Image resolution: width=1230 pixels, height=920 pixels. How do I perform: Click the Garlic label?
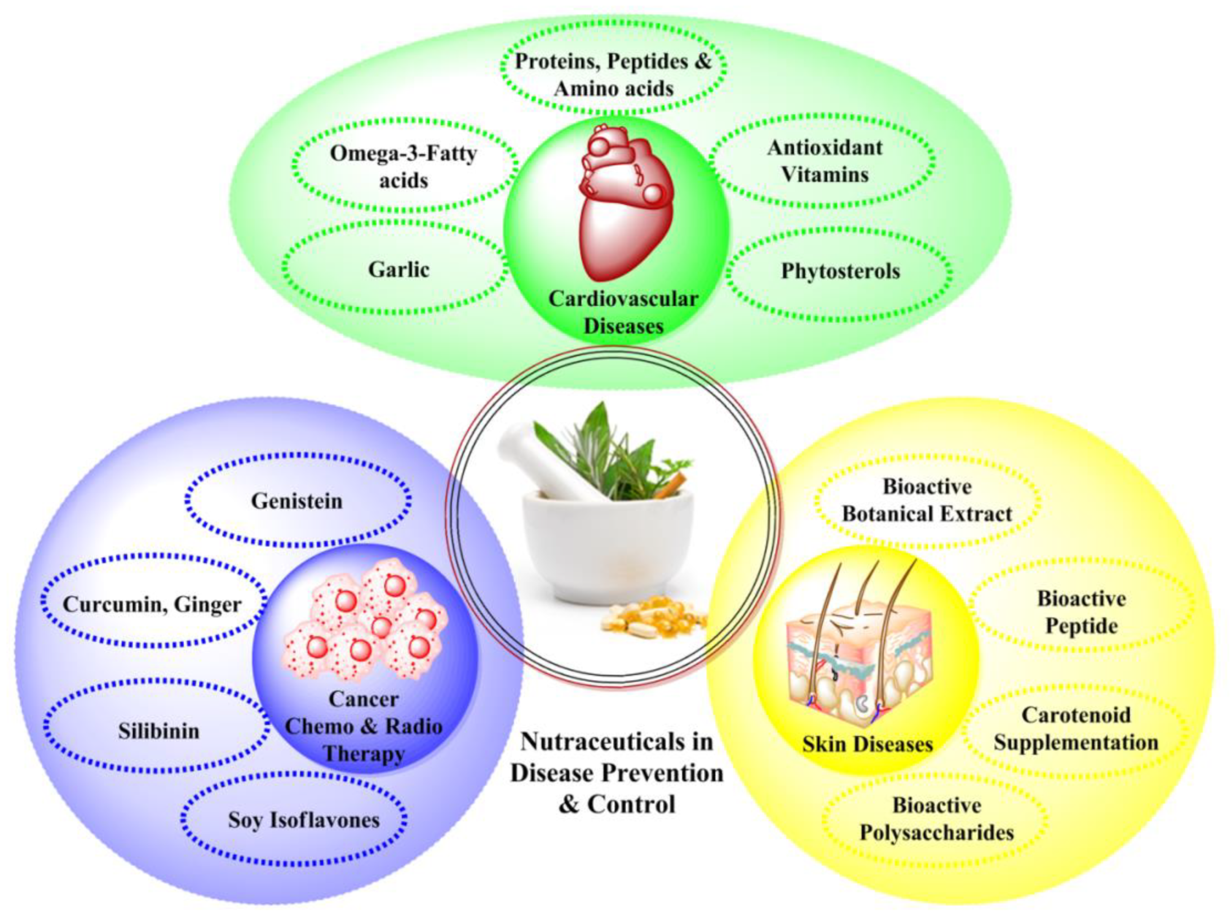click(398, 270)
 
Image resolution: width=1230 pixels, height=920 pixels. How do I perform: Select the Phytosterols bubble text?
click(840, 272)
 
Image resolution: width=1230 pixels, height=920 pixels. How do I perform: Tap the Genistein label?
click(296, 501)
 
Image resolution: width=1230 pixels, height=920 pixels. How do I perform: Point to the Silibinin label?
click(159, 731)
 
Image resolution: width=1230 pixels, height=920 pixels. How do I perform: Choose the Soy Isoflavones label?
click(304, 820)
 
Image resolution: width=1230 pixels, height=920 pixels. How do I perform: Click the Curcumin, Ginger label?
click(152, 605)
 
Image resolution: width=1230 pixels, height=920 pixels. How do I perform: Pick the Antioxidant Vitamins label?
click(824, 162)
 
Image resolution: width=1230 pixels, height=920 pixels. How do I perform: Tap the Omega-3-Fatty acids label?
click(403, 167)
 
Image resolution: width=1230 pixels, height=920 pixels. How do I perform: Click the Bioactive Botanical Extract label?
click(927, 500)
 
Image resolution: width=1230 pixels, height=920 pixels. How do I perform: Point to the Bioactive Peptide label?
click(1081, 612)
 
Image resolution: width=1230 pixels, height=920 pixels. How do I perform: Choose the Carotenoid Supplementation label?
click(1075, 729)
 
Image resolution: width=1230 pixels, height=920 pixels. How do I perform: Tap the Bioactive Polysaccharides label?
click(936, 819)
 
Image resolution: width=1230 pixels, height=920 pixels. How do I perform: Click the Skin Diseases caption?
click(867, 744)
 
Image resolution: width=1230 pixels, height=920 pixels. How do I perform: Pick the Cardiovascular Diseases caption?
click(623, 312)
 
